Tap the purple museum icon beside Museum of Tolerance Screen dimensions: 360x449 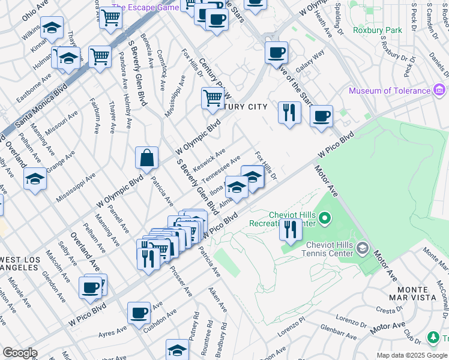440,91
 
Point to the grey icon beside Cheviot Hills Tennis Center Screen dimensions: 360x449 362,248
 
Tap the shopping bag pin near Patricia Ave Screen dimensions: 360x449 147,159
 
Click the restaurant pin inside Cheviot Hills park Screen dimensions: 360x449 291,230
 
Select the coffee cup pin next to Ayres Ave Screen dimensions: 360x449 139,313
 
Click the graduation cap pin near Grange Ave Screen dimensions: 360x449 35,179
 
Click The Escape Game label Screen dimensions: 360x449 145,7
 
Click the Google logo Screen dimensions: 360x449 20,353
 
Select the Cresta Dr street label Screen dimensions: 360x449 407,310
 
